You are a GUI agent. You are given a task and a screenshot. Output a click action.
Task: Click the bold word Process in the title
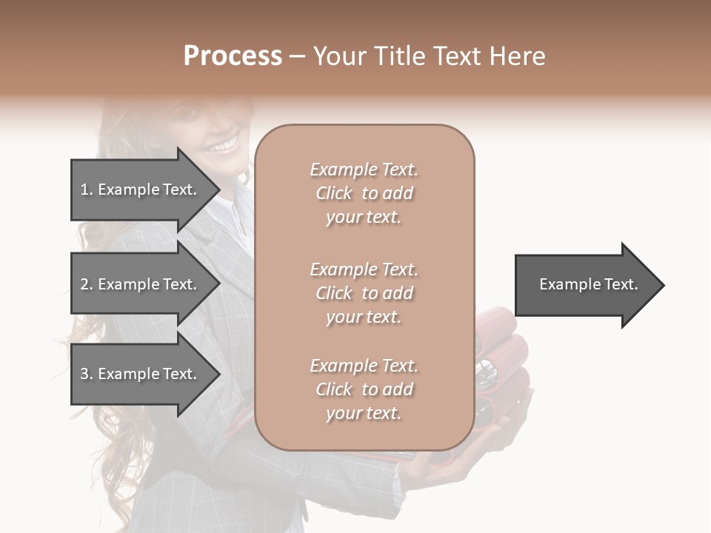(233, 56)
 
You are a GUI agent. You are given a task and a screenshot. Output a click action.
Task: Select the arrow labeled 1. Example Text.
(138, 190)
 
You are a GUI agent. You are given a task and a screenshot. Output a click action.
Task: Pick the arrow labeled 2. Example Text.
(138, 284)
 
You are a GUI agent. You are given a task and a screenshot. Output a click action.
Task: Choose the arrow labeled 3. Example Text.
(138, 374)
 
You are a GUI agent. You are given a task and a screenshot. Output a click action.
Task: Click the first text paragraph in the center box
(364, 193)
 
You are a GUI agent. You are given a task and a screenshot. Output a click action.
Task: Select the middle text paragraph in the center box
(364, 293)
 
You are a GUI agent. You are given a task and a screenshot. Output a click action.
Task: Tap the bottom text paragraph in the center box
(364, 389)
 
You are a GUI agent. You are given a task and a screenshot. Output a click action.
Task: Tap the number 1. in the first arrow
(87, 190)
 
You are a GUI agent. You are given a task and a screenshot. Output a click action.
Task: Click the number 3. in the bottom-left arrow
(87, 374)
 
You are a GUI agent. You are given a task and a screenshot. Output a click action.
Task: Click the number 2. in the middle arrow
(87, 284)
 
